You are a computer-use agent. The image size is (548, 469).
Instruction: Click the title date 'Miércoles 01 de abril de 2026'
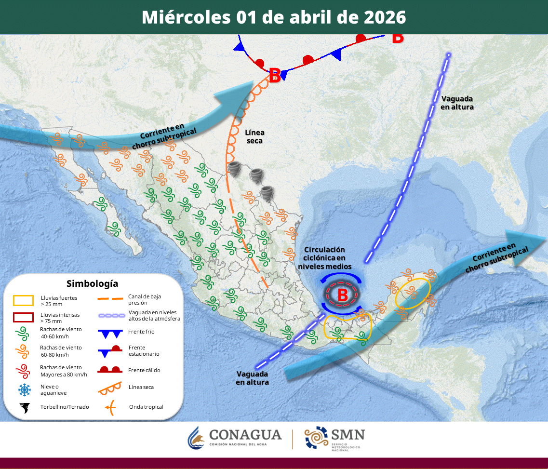tap(274, 17)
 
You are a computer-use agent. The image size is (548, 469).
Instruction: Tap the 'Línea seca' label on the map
tap(254, 136)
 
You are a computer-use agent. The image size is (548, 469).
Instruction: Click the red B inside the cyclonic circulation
tap(343, 295)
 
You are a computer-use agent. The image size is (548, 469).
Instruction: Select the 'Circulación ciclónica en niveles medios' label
tap(324, 258)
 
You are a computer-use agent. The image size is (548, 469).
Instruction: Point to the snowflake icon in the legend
tap(24, 389)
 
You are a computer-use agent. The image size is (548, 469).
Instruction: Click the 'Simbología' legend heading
tap(92, 283)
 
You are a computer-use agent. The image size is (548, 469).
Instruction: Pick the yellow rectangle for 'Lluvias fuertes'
tap(23, 301)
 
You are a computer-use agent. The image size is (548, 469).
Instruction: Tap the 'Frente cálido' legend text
tap(144, 370)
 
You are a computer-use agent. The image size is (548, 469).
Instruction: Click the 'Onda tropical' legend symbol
tap(110, 407)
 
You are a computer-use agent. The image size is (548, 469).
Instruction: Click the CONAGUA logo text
tap(245, 435)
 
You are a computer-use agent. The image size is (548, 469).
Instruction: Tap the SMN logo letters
tap(348, 434)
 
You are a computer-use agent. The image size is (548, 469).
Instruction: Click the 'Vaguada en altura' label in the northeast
tap(457, 103)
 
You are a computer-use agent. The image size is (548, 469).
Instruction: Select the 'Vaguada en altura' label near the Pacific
tap(252, 377)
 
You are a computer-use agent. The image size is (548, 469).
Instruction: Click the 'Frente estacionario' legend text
tap(144, 350)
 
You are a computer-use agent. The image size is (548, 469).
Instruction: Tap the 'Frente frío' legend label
tap(141, 332)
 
